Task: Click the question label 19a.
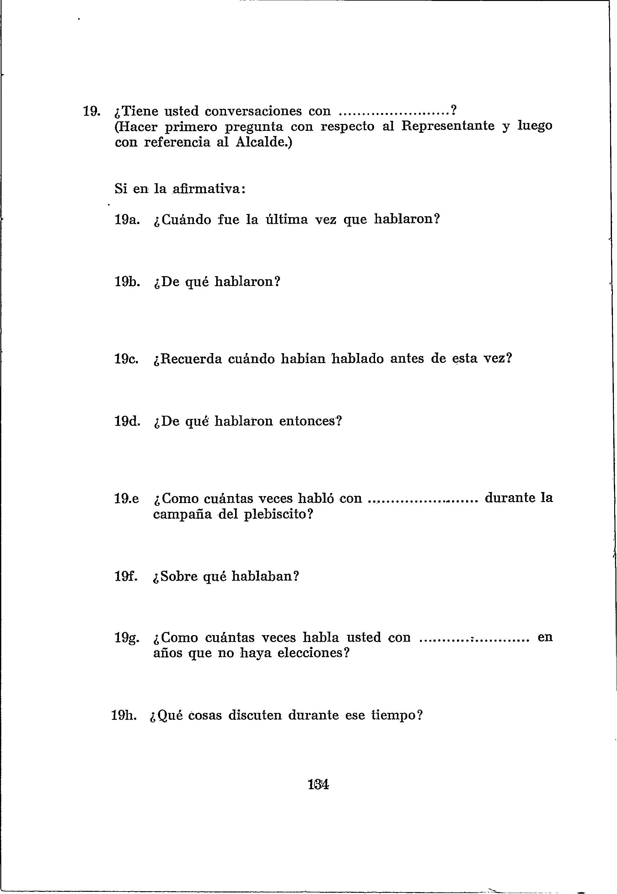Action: click(127, 220)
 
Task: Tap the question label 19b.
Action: click(127, 282)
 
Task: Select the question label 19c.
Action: click(127, 359)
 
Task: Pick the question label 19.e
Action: click(127, 499)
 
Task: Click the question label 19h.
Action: click(124, 715)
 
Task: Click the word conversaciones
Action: click(253, 111)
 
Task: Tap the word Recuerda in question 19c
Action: click(190, 359)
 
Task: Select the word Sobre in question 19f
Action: click(179, 576)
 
